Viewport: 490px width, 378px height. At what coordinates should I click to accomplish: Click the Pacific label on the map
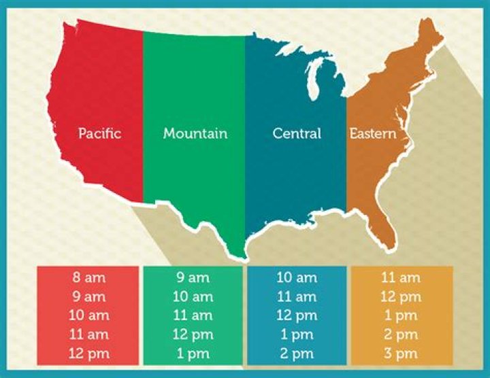tap(99, 133)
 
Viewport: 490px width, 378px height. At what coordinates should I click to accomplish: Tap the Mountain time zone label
tap(195, 133)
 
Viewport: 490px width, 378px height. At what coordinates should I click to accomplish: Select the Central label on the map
tap(297, 133)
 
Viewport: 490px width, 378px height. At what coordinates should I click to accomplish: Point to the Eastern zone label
tap(373, 133)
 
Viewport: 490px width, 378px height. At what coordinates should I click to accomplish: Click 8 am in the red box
tap(88, 277)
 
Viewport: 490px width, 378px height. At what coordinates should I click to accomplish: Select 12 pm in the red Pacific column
tap(88, 354)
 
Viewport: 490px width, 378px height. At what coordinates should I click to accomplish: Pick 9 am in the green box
tap(193, 277)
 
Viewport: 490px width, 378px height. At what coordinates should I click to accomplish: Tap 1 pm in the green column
tap(193, 354)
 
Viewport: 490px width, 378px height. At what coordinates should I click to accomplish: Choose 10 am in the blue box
tap(297, 277)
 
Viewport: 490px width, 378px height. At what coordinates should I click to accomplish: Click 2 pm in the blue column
tap(297, 354)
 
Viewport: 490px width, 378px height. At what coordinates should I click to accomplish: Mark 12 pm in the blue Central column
tap(297, 315)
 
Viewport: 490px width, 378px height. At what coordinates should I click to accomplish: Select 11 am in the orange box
tap(402, 277)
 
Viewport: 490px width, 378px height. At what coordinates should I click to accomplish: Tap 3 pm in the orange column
tap(402, 354)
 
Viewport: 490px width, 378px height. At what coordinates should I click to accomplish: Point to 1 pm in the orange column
tap(402, 315)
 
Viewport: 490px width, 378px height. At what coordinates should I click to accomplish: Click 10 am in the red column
tap(88, 315)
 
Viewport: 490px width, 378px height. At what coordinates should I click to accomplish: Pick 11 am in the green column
tap(193, 315)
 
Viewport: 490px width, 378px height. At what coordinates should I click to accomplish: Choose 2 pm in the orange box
tap(402, 334)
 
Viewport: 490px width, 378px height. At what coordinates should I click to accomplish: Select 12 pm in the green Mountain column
tap(193, 334)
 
